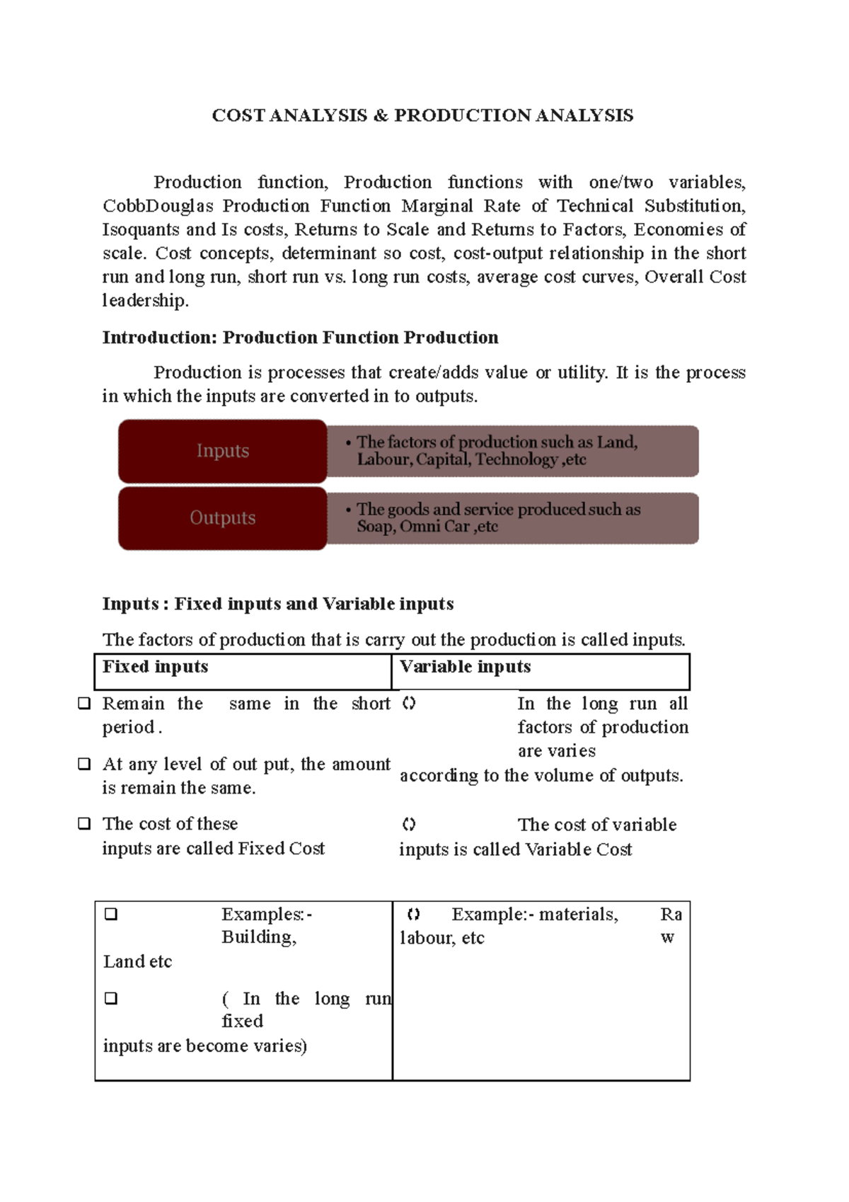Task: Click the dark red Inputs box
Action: click(x=222, y=451)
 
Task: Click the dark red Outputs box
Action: click(x=222, y=518)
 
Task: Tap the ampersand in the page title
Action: click(x=381, y=115)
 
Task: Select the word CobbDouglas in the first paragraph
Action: click(x=158, y=206)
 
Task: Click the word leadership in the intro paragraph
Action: click(x=144, y=301)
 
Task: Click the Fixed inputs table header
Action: click(x=156, y=667)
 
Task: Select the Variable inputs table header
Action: click(x=465, y=667)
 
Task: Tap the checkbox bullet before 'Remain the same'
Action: click(x=84, y=704)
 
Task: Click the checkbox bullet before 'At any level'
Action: click(x=84, y=764)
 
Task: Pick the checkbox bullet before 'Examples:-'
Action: click(x=111, y=914)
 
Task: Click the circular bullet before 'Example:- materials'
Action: click(x=414, y=915)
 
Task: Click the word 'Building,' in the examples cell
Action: click(x=259, y=937)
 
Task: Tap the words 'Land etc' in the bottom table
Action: click(x=137, y=961)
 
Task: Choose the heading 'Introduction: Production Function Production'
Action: click(x=300, y=338)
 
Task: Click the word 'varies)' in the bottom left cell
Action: click(x=280, y=1046)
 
